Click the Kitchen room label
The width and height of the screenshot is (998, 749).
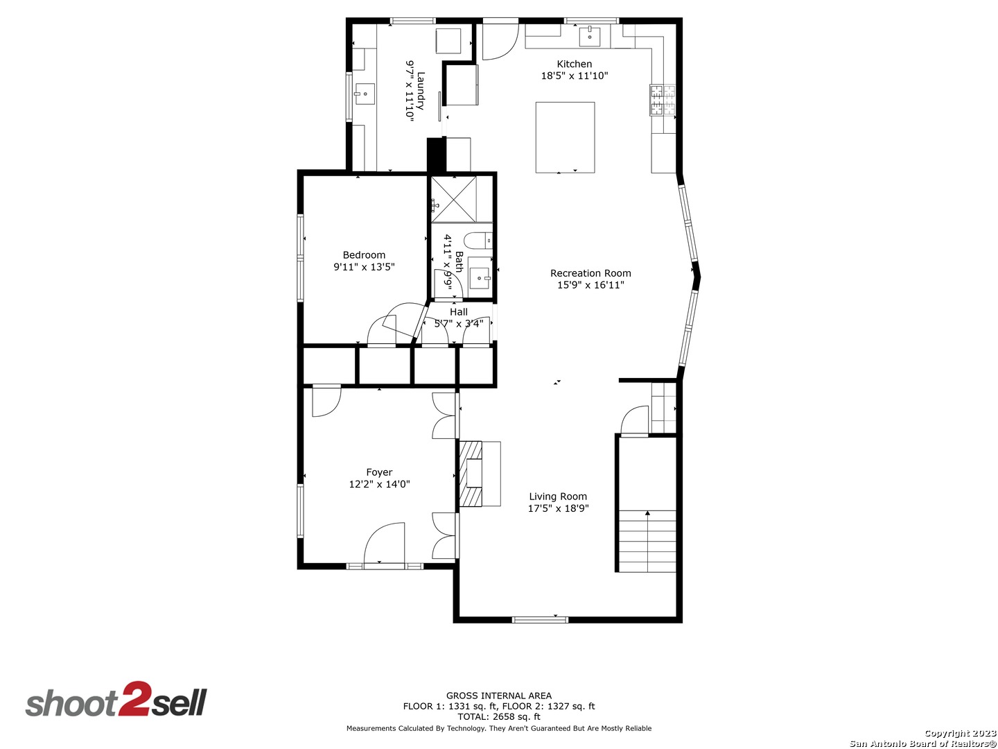pyautogui.click(x=575, y=64)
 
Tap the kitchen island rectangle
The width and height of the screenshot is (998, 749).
pyautogui.click(x=565, y=137)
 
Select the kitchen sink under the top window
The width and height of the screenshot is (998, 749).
pyautogui.click(x=590, y=36)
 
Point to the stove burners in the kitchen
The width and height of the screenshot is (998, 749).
pyautogui.click(x=663, y=100)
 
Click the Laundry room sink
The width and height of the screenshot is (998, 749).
pyautogui.click(x=365, y=94)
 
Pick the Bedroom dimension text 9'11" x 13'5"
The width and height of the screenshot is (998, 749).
pyautogui.click(x=364, y=266)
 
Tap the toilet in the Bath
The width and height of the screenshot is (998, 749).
pyautogui.click(x=478, y=240)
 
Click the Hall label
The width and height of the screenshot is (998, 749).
pyautogui.click(x=458, y=312)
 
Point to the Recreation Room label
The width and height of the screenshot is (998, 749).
pyautogui.click(x=590, y=273)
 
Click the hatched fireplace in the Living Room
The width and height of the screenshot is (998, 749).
pyautogui.click(x=471, y=473)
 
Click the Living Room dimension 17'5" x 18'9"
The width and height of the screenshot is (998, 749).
pyautogui.click(x=558, y=508)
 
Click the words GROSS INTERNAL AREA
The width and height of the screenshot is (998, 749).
pyautogui.click(x=499, y=696)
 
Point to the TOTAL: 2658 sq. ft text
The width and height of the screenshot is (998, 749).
pyautogui.click(x=499, y=717)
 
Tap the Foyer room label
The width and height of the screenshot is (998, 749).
pyautogui.click(x=379, y=472)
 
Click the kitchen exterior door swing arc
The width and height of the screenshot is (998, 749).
pyautogui.click(x=507, y=50)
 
